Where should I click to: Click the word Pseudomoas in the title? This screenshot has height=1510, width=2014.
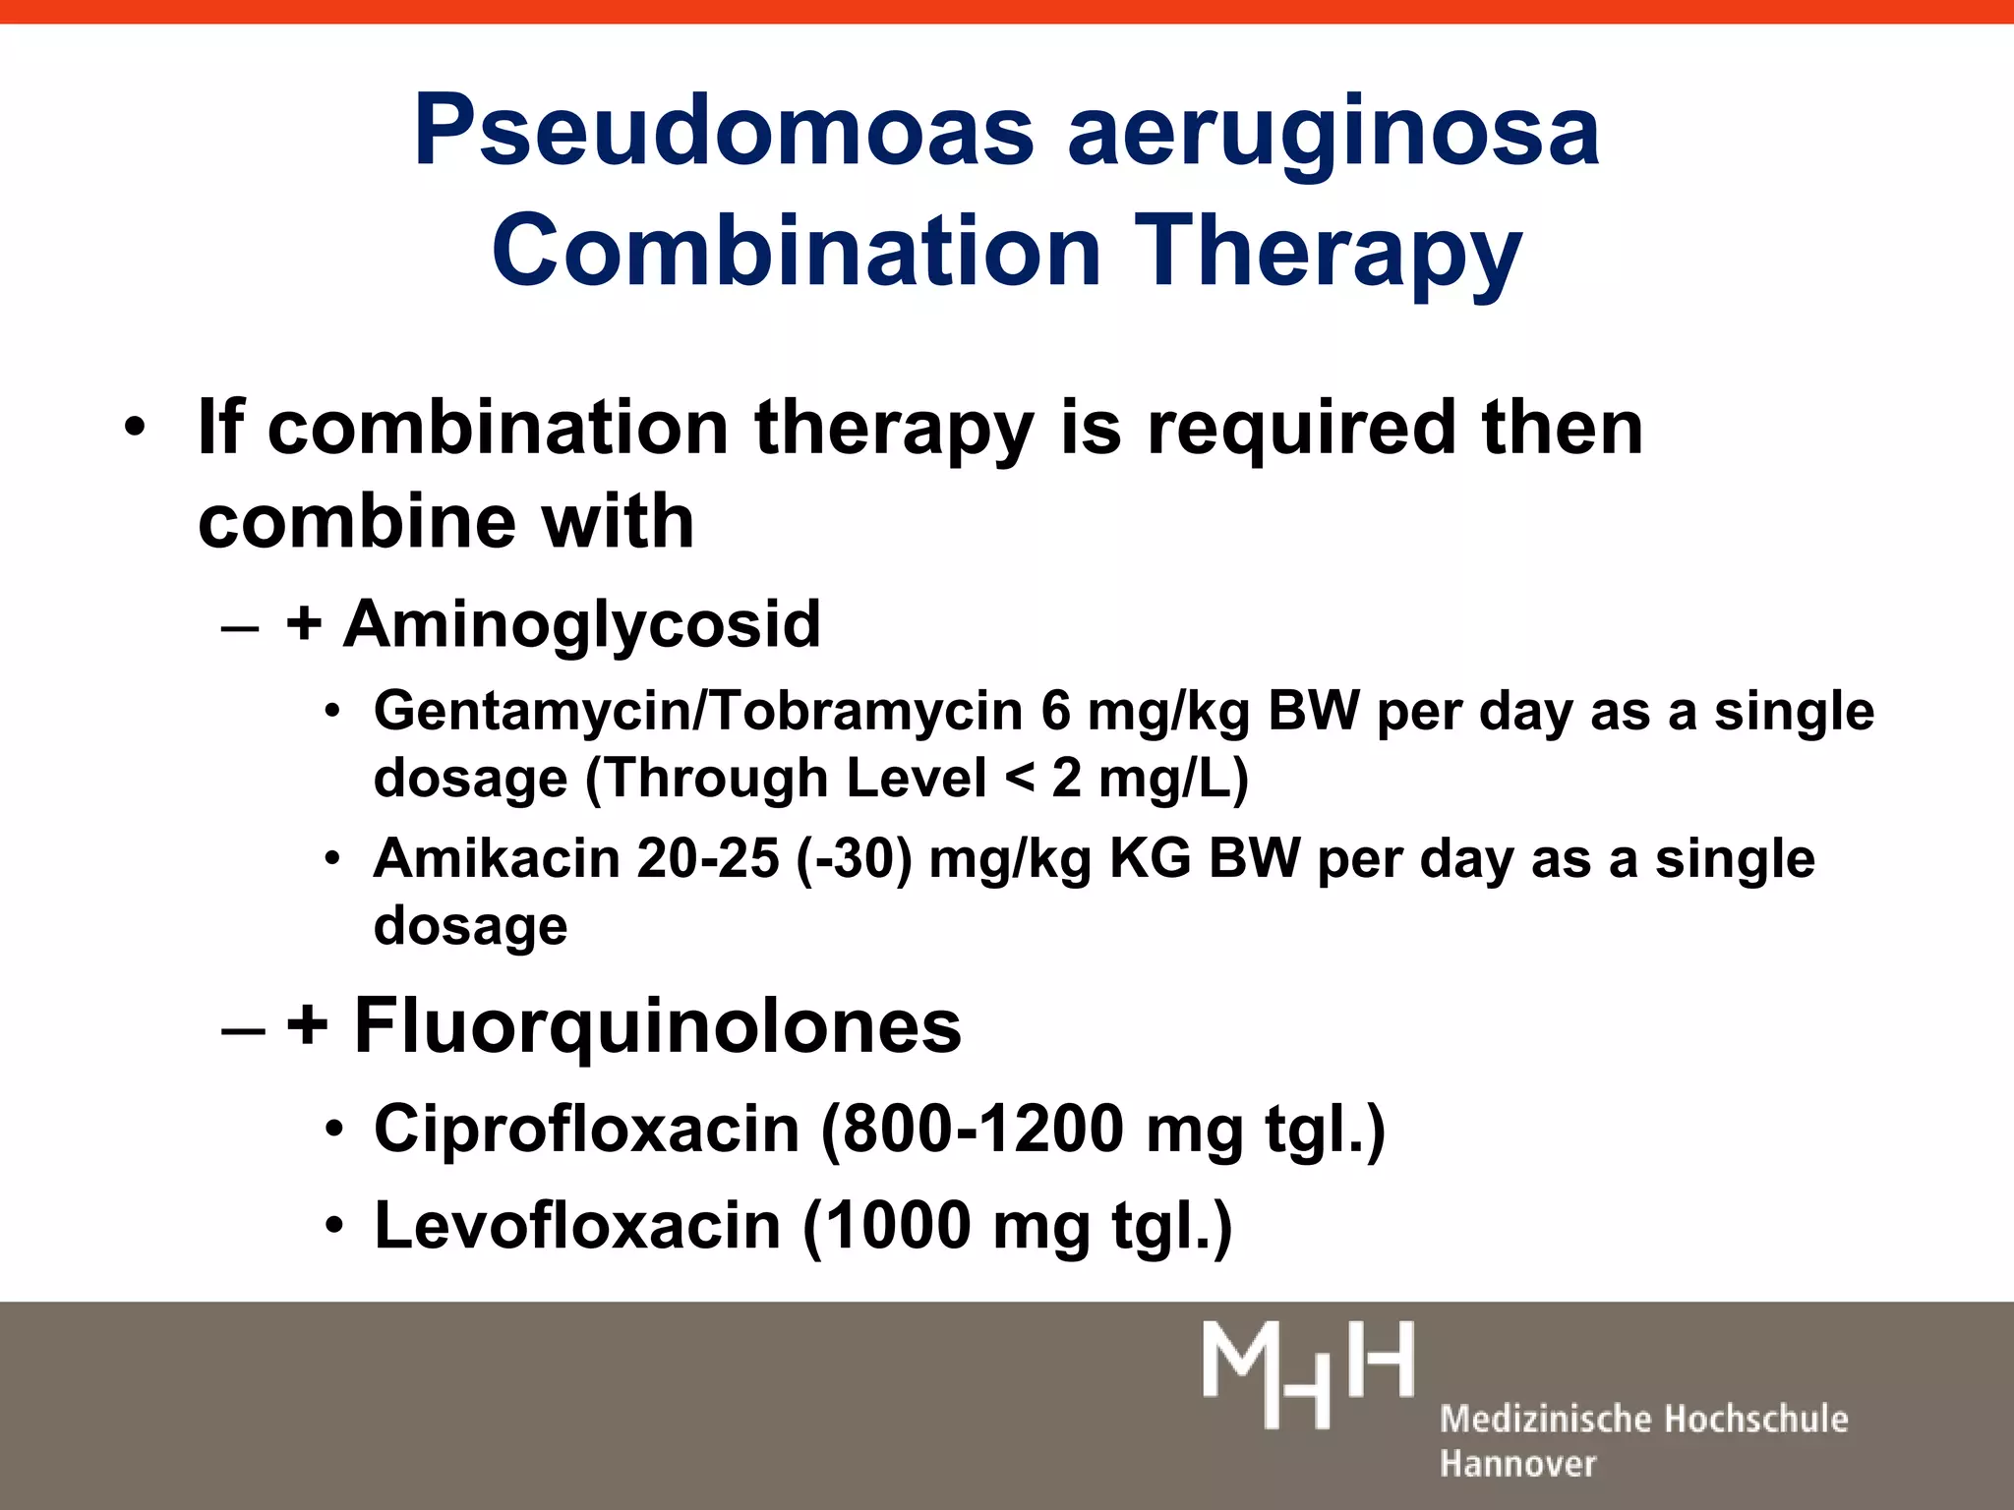coord(724,131)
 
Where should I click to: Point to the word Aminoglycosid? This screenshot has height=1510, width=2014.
coord(581,625)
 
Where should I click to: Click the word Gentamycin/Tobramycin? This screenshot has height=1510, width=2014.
coord(698,711)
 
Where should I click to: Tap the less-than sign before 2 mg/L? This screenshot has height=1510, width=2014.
coord(1020,779)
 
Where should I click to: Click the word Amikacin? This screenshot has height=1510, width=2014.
coord(497,858)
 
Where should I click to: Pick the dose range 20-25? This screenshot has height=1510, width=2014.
coord(708,858)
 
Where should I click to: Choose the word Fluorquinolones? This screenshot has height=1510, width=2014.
coord(657,1025)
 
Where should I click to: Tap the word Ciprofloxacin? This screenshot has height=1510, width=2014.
coord(587,1129)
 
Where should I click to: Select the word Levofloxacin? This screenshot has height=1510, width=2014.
coord(578,1226)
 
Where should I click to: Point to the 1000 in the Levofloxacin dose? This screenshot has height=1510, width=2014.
coord(898,1226)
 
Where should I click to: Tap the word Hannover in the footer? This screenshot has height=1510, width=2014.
coord(1517,1464)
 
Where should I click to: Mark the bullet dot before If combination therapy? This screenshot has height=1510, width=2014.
coord(135,429)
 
